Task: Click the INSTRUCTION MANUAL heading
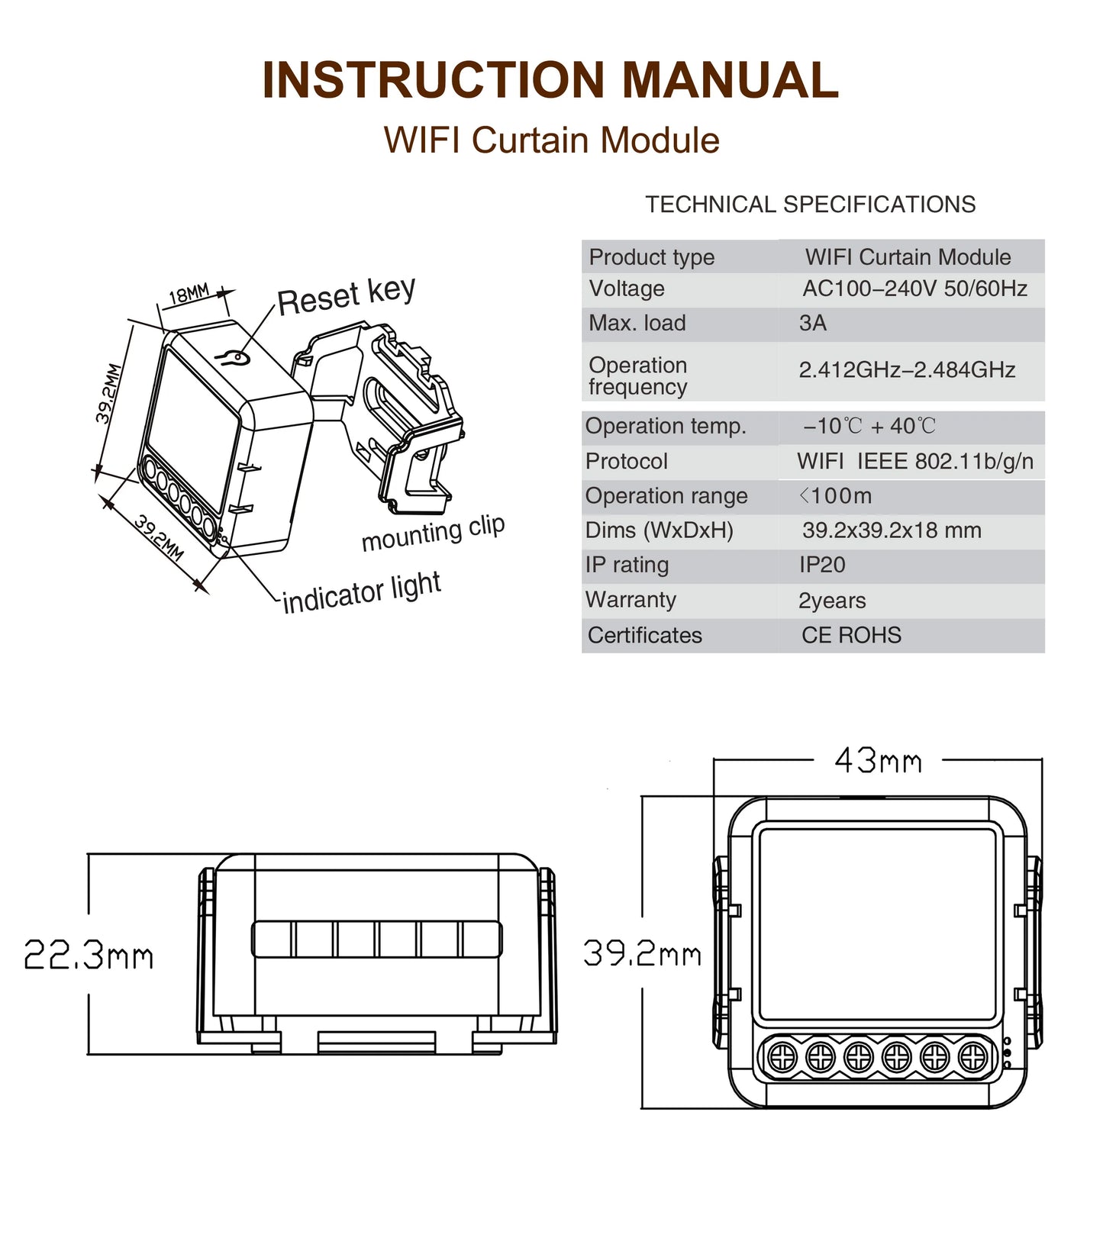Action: tap(550, 80)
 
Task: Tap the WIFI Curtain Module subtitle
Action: tap(551, 140)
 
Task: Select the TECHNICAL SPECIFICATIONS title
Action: tap(810, 205)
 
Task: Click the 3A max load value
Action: tap(813, 324)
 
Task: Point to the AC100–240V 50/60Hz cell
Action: tap(914, 288)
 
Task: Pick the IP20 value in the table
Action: tap(822, 565)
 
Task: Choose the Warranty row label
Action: tap(631, 600)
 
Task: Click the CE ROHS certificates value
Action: tap(851, 635)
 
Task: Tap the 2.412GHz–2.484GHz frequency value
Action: tap(907, 370)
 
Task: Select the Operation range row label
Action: tap(666, 496)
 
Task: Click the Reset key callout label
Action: tap(346, 296)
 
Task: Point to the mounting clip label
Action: tap(433, 533)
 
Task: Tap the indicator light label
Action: tap(362, 593)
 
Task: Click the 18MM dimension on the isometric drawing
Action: tap(189, 294)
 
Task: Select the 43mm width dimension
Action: tap(878, 761)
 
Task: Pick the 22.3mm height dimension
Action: tap(89, 956)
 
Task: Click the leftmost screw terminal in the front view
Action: tap(782, 1057)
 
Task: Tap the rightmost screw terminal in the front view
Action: tap(972, 1057)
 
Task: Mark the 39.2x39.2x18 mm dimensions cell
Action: tap(892, 530)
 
